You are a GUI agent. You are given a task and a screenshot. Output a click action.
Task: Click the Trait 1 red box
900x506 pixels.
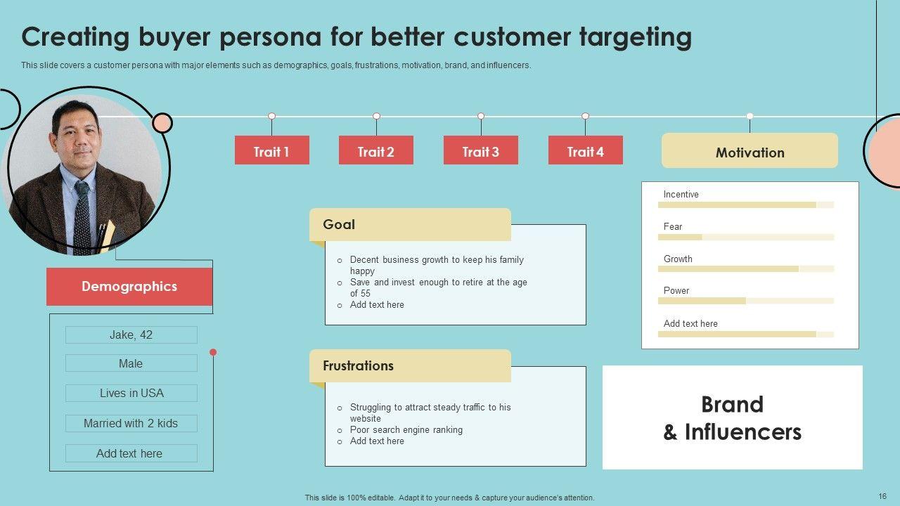[x=271, y=150]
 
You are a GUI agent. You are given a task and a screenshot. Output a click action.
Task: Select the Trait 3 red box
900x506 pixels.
[x=480, y=150]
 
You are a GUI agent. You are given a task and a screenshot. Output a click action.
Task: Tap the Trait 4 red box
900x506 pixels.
[x=585, y=150]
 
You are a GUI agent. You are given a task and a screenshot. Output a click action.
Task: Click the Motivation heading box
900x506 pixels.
[x=750, y=151]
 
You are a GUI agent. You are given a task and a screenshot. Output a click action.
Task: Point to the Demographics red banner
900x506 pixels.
[x=129, y=287]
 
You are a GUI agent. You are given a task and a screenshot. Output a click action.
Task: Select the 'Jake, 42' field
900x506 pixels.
[x=131, y=335]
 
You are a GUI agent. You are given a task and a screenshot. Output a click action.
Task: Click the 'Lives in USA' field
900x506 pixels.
[x=131, y=394]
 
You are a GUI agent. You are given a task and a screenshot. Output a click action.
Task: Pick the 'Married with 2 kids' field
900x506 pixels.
[x=131, y=424]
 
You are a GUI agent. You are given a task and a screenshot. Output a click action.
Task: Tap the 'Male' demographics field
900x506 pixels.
[x=131, y=364]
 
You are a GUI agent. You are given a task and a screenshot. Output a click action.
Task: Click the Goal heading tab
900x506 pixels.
[x=410, y=225]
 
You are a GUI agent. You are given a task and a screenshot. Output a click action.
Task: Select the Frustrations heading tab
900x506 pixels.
[x=410, y=366]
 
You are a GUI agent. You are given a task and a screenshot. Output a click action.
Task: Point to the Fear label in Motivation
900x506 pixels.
[x=673, y=227]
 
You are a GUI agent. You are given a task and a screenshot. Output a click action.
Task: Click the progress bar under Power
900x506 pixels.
[x=745, y=301]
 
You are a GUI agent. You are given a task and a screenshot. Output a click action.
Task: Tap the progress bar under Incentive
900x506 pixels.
[x=745, y=205]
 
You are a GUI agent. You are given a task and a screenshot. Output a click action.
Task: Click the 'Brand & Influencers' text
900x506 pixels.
[x=732, y=418]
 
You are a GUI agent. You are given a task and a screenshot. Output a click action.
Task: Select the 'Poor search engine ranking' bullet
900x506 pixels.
[x=406, y=430]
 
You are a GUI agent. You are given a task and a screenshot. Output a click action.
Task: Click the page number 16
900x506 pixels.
[x=882, y=496]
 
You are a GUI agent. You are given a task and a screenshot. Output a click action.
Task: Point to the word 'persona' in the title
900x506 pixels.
[x=273, y=37]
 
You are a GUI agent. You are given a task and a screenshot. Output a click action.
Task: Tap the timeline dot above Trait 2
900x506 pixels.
[x=376, y=116]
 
